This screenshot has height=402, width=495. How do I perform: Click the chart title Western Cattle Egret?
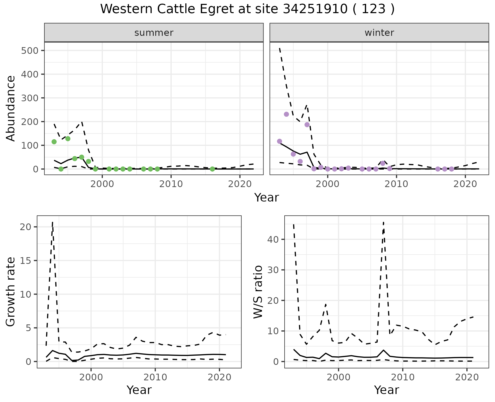point(247,9)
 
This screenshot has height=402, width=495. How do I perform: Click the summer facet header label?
point(154,33)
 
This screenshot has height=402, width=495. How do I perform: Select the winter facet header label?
point(379,33)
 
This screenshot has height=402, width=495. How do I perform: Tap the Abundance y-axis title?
point(11,108)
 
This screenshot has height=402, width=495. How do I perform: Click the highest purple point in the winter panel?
point(286,114)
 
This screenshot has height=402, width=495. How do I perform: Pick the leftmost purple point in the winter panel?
point(279,141)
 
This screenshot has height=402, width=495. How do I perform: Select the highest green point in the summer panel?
point(68,139)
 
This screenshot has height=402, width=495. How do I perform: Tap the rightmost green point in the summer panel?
point(212,169)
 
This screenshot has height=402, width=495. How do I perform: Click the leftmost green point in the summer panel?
point(54,142)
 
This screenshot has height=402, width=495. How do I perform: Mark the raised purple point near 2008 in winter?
point(383,163)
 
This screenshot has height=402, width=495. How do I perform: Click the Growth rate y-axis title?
point(11,292)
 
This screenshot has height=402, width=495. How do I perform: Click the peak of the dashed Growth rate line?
point(53,222)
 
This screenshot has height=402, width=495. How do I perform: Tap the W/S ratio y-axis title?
point(258,292)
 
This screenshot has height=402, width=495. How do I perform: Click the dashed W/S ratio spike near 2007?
point(384,222)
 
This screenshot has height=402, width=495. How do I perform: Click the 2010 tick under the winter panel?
point(397,184)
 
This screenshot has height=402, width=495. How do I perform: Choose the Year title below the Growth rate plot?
point(139,390)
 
